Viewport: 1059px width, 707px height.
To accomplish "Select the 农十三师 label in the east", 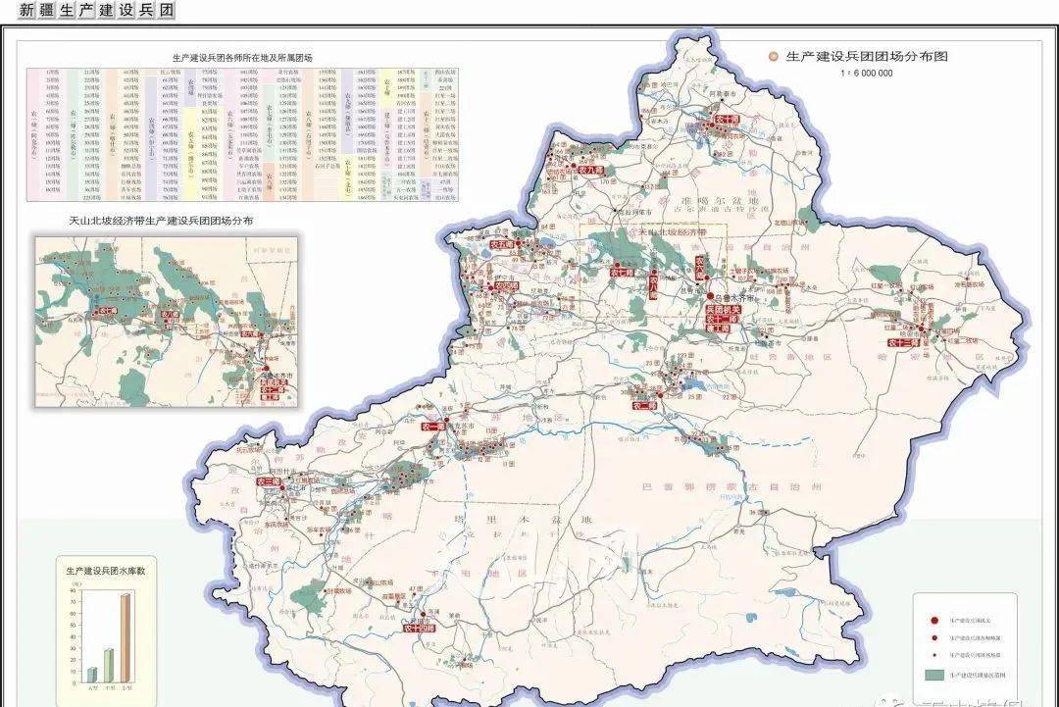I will [x=903, y=342].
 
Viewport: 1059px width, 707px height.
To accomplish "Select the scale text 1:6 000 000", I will [x=866, y=74].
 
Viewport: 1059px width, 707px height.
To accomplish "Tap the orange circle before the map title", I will [x=774, y=57].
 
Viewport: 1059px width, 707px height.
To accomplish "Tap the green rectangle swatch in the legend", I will [x=934, y=676].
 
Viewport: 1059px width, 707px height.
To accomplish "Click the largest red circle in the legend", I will [x=934, y=621].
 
